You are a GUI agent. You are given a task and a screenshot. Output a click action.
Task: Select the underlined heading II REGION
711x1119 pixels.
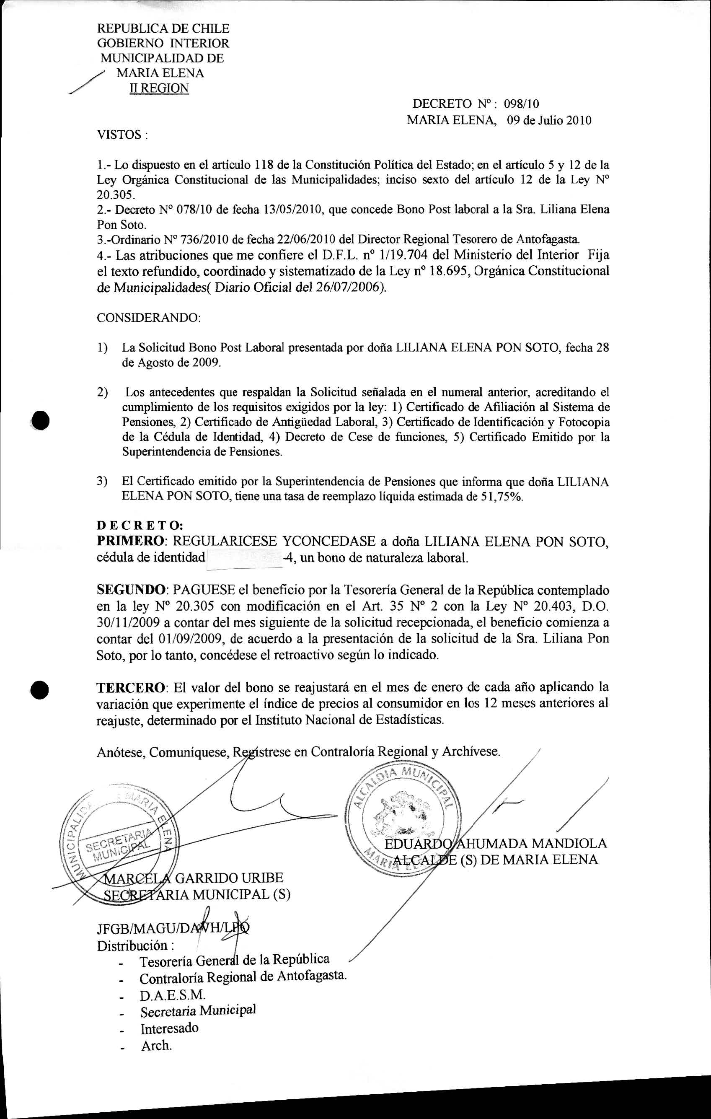point(159,88)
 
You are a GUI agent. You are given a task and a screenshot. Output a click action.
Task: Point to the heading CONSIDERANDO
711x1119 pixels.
point(148,319)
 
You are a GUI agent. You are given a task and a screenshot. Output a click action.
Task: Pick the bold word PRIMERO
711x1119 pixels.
point(130,541)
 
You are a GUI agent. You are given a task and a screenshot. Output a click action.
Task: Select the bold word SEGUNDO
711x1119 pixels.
point(131,590)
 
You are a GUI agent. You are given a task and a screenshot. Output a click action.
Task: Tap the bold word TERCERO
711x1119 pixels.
point(130,687)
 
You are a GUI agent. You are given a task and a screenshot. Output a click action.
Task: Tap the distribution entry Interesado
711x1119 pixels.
point(170,1028)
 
